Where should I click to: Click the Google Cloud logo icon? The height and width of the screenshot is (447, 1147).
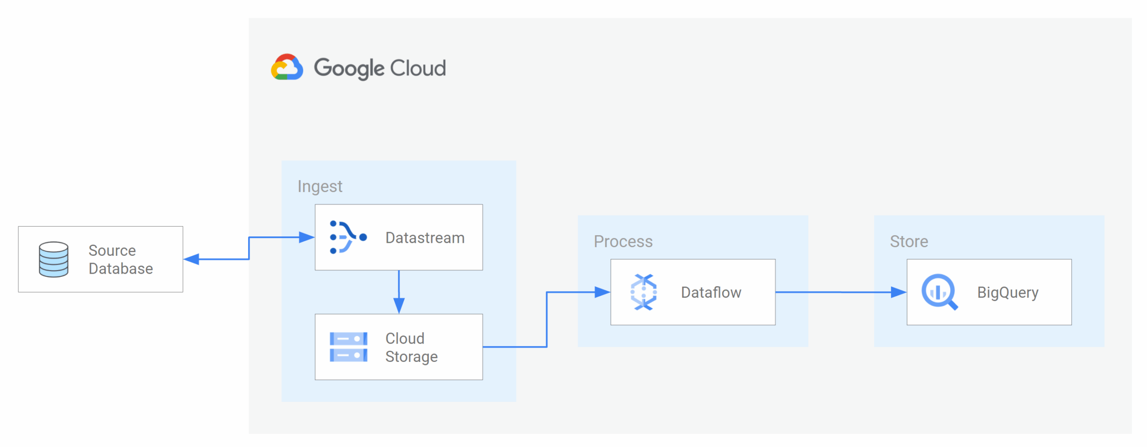pyautogui.click(x=287, y=68)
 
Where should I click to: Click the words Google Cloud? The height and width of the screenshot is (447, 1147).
pyautogui.click(x=379, y=69)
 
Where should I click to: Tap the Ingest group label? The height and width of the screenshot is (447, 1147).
pyautogui.click(x=319, y=186)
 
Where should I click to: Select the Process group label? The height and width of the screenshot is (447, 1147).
pyautogui.click(x=623, y=241)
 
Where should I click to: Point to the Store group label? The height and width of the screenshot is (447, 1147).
pyautogui.click(x=909, y=241)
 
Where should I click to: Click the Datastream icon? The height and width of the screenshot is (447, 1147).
pyautogui.click(x=348, y=237)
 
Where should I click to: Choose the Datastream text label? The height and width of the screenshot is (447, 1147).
pyautogui.click(x=425, y=238)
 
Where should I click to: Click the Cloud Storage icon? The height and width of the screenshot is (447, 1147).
pyautogui.click(x=348, y=347)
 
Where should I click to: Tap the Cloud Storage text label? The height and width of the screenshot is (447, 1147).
pyautogui.click(x=411, y=348)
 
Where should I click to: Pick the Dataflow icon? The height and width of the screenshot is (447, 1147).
pyautogui.click(x=643, y=292)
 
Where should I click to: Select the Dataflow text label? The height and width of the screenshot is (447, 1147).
pyautogui.click(x=711, y=292)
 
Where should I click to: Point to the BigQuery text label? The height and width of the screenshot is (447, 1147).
pyautogui.click(x=1008, y=292)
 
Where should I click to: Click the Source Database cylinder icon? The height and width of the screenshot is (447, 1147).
pyautogui.click(x=54, y=259)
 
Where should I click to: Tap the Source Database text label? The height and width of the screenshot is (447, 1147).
pyautogui.click(x=121, y=259)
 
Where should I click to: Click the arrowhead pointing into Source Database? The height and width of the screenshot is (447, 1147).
pyautogui.click(x=192, y=259)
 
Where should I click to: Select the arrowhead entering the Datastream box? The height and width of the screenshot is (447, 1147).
pyautogui.click(x=306, y=237)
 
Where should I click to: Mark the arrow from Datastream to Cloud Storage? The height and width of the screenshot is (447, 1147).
pyautogui.click(x=399, y=291)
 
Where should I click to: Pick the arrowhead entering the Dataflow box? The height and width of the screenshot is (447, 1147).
pyautogui.click(x=602, y=292)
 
